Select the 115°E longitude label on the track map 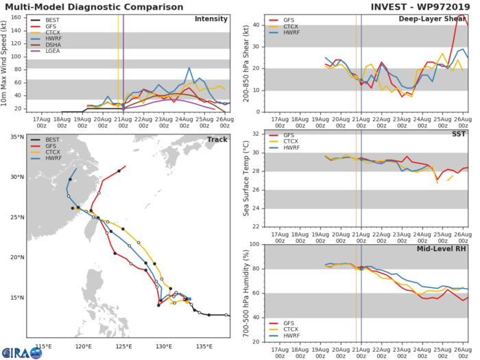click(x=45, y=345)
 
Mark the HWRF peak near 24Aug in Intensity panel click(x=189, y=68)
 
